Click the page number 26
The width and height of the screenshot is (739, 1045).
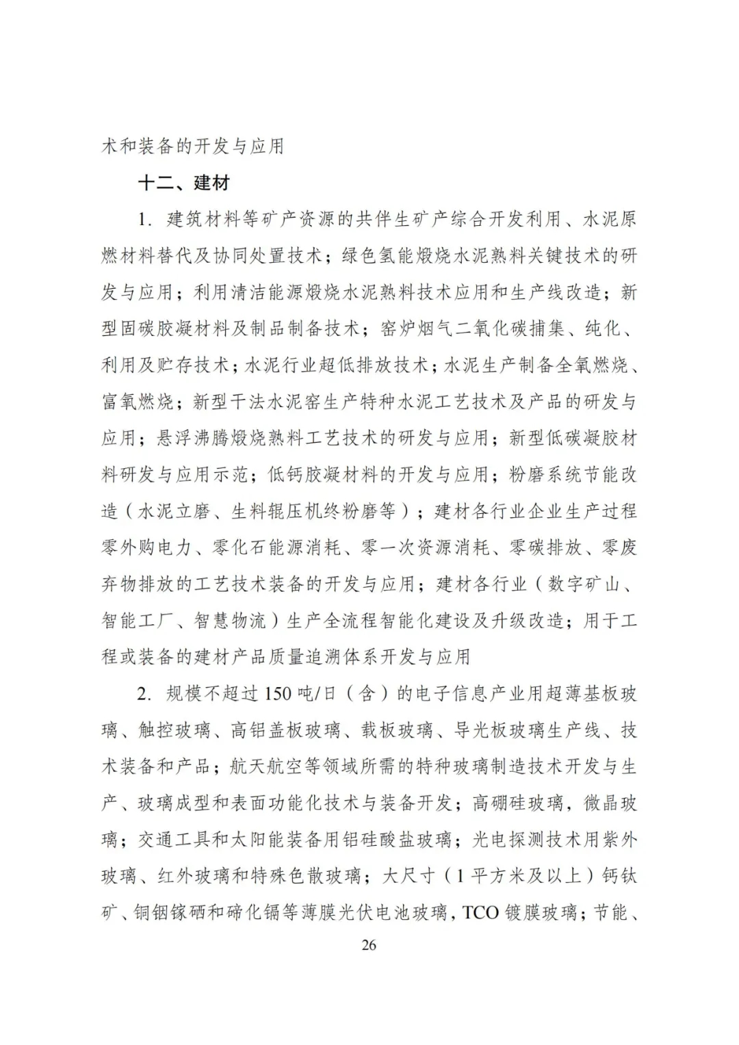click(x=369, y=945)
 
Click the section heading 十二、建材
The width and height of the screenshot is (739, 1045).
click(x=184, y=183)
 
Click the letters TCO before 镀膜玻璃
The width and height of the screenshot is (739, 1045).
click(x=480, y=913)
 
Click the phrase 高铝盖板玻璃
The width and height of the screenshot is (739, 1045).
click(x=285, y=730)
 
